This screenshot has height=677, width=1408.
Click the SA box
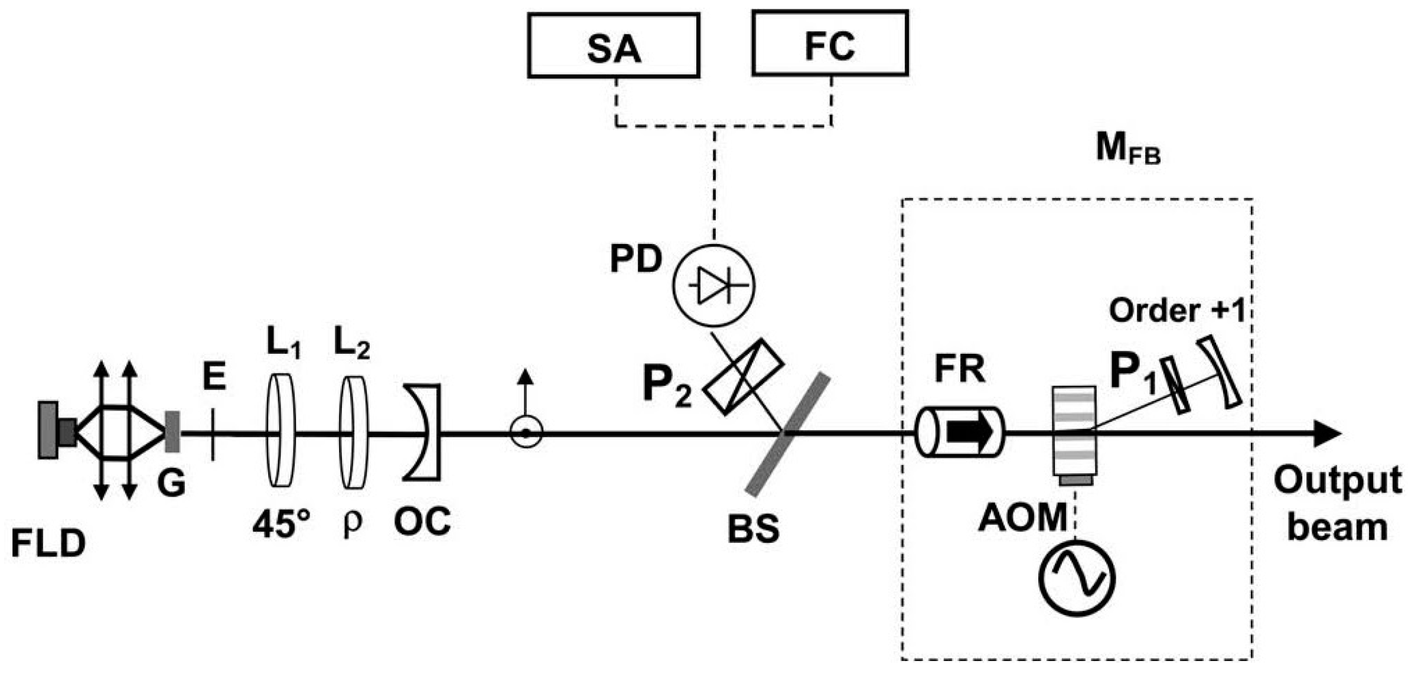pos(613,46)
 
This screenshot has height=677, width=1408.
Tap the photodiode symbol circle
pos(713,285)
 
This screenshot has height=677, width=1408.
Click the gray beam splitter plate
pos(787,434)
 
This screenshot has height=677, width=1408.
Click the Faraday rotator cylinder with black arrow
pos(959,432)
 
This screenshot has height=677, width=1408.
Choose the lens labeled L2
pos(353,432)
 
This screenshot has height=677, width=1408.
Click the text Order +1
pos(1176,310)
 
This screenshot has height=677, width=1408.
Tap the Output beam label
pos(1337,504)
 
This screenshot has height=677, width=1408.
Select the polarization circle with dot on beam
pos(525,433)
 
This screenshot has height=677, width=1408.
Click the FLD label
pos(48,543)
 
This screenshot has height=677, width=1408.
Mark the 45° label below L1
pos(281,523)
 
